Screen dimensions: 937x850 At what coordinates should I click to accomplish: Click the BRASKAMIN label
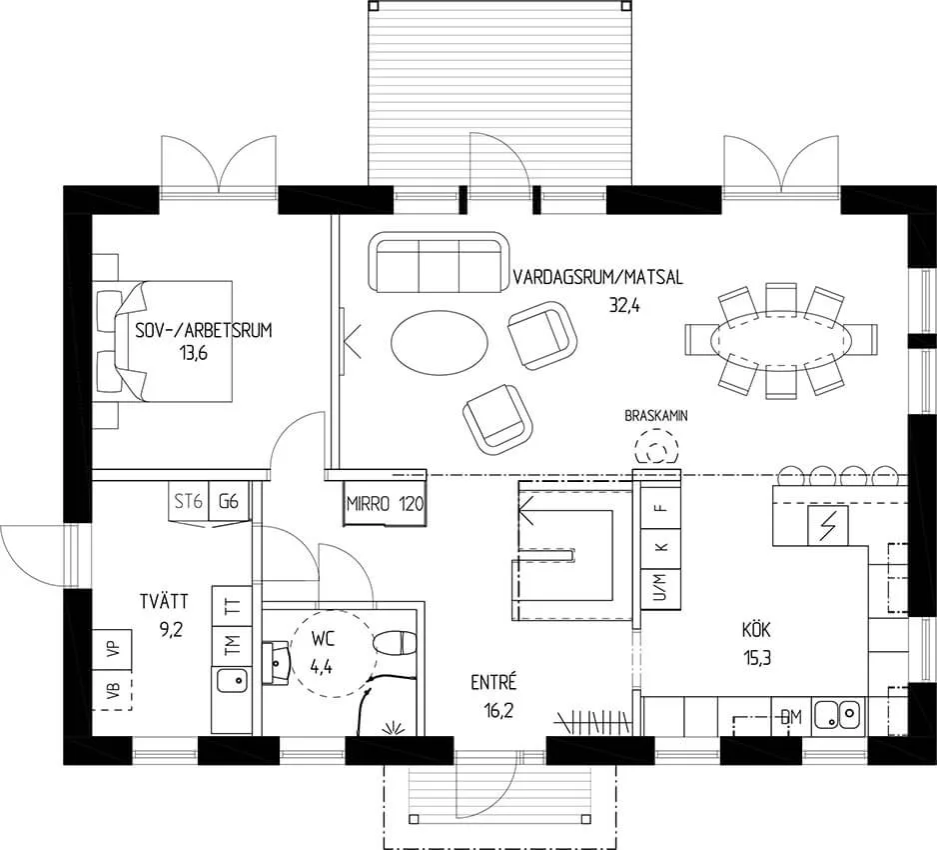(656, 415)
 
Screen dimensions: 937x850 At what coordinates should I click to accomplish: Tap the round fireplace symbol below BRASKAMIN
(656, 450)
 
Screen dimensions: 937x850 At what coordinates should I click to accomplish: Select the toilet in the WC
(394, 644)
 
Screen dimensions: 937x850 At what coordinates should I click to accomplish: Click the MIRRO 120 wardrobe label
(385, 504)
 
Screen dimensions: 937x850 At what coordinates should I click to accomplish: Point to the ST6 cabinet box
(188, 501)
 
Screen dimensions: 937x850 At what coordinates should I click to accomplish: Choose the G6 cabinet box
(228, 501)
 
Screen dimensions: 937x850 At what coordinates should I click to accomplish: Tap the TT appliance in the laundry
(232, 606)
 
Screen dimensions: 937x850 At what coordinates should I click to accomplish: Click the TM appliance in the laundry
(232, 645)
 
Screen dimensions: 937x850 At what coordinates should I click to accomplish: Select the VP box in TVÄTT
(112, 649)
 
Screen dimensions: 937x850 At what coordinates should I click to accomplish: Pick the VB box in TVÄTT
(112, 690)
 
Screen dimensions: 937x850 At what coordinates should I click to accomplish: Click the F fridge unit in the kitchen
(660, 508)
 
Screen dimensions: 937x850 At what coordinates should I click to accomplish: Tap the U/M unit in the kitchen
(660, 589)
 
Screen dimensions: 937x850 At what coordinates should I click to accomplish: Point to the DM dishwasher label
(791, 717)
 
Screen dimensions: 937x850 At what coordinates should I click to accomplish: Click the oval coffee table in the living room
(440, 342)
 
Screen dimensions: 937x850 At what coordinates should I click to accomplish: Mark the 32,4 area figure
(624, 306)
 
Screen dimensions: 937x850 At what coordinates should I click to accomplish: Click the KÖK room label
(756, 630)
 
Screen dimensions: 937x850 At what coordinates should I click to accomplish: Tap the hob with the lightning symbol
(828, 525)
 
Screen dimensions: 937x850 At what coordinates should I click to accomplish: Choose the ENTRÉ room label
(493, 682)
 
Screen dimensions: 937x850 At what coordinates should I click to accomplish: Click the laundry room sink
(233, 680)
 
